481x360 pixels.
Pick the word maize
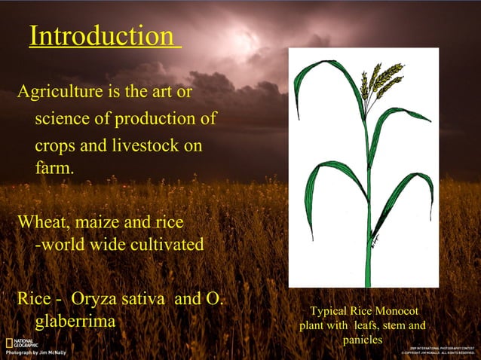coord(99,223)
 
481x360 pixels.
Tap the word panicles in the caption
coord(363,340)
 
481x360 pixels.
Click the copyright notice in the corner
coord(438,350)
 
